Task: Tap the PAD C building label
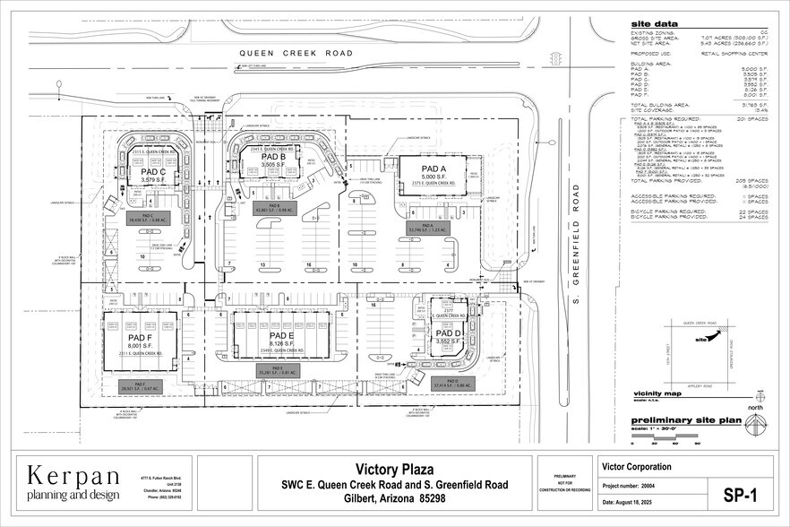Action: pyautogui.click(x=153, y=171)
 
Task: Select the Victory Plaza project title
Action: pyautogui.click(x=395, y=468)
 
